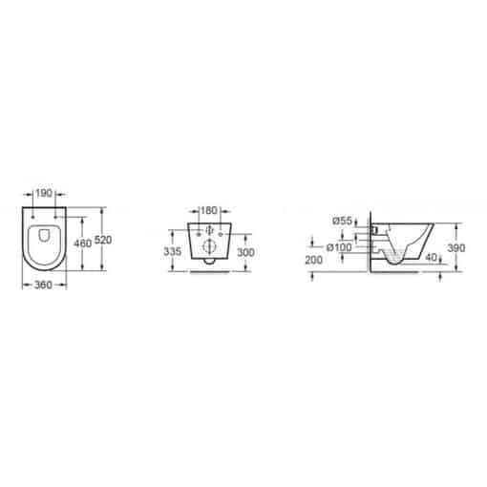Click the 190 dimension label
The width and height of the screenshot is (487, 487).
coord(44,193)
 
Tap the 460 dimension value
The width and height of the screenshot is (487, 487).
coord(83,243)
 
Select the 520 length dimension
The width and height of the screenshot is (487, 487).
coord(103,240)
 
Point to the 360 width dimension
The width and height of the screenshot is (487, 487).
coord(43,286)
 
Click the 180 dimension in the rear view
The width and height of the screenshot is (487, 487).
coord(209,210)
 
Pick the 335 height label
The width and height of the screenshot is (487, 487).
coord(172,251)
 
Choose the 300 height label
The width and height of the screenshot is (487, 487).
coord(245,253)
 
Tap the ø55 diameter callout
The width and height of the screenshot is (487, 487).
coord(342,221)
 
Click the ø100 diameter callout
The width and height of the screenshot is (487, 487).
coord(339,247)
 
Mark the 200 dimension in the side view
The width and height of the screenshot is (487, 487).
coord(314,260)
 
